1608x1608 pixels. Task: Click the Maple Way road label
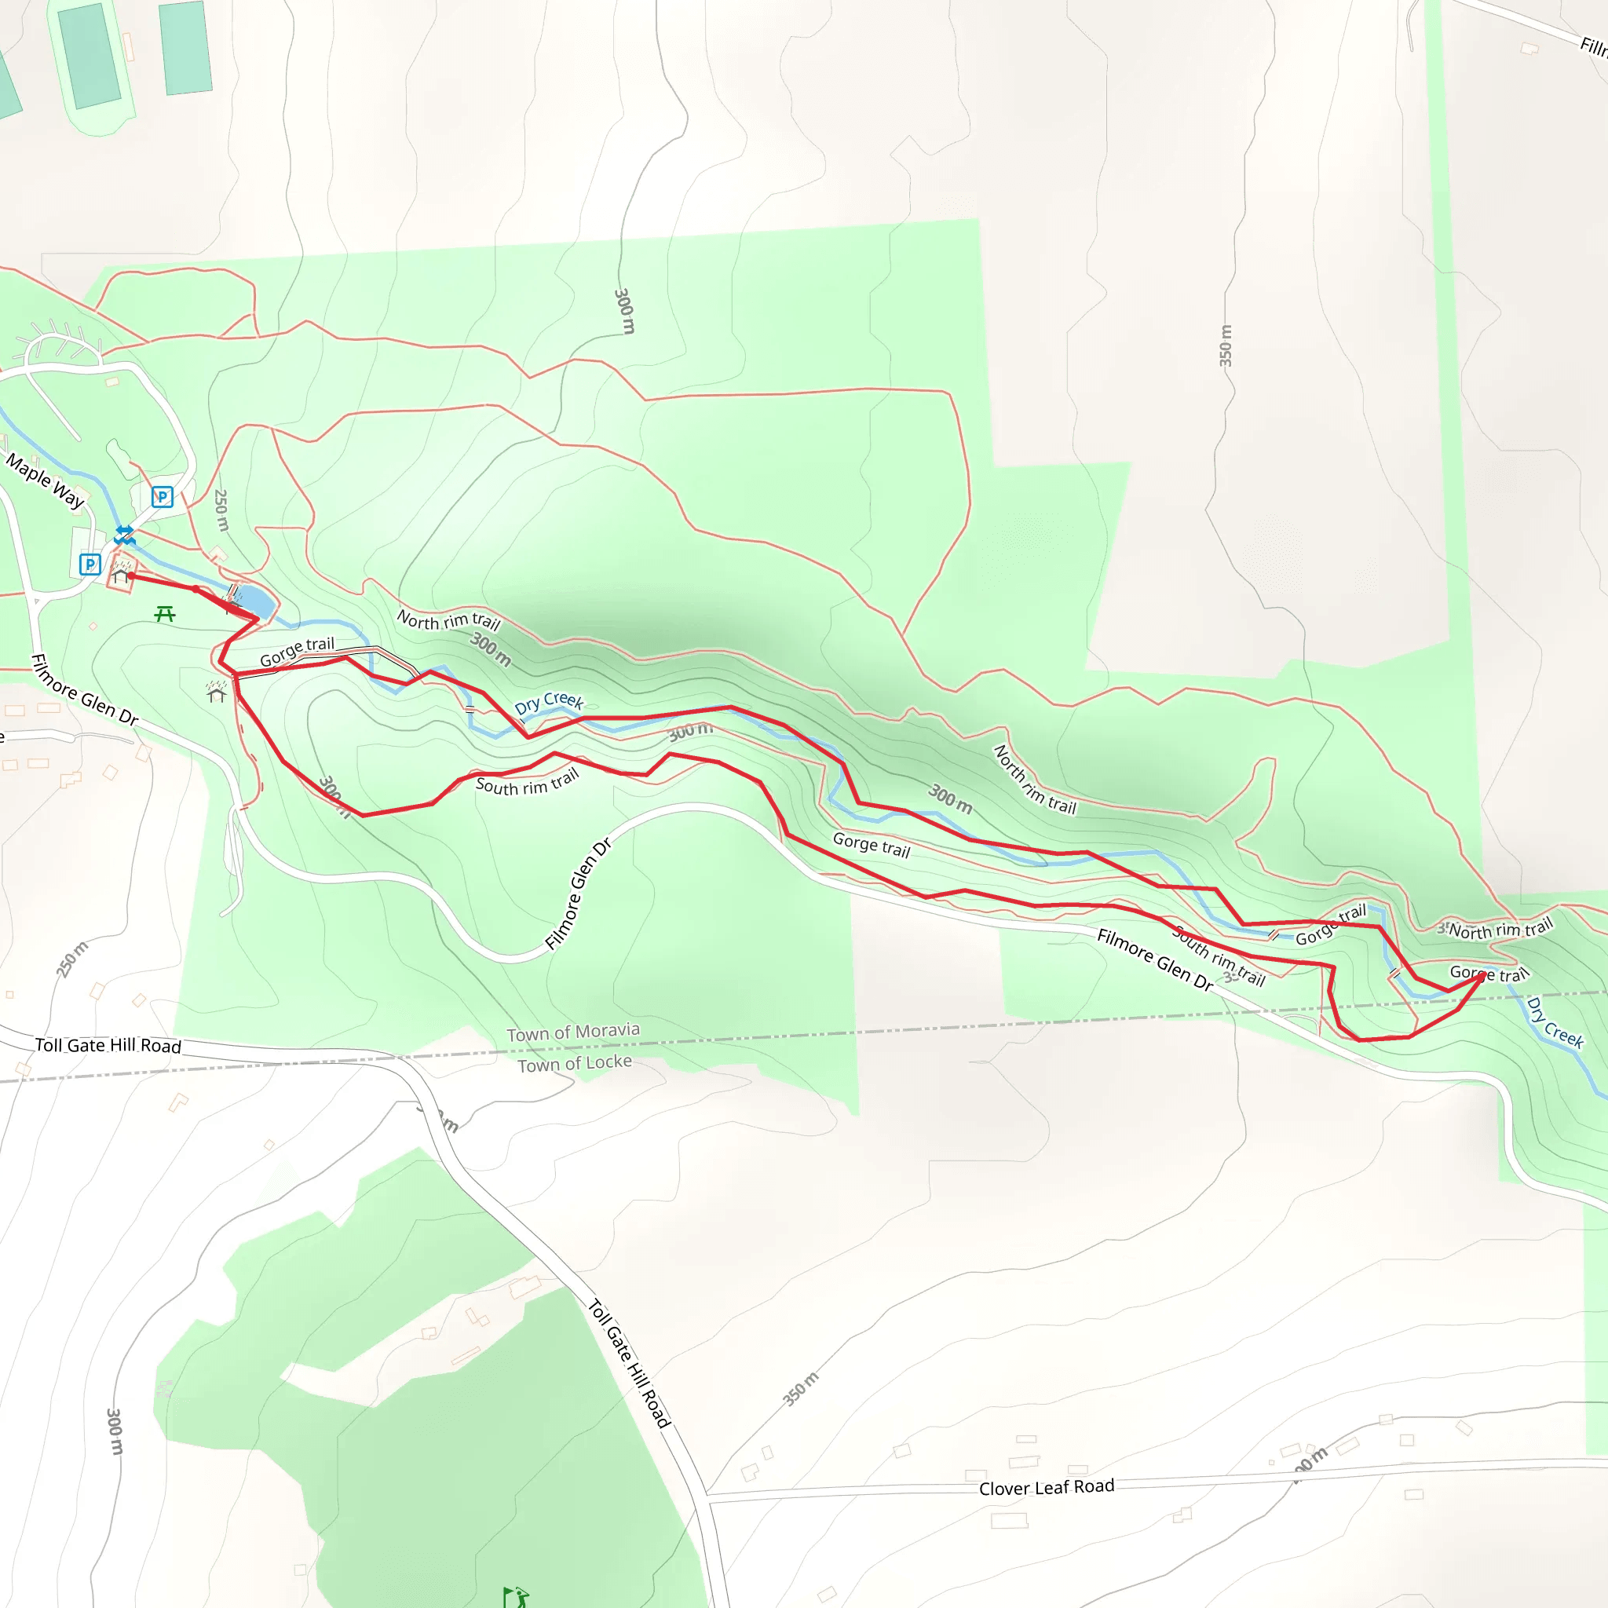click(x=45, y=481)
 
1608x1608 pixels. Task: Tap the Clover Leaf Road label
click(x=1046, y=1487)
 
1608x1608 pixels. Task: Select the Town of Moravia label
click(x=573, y=1032)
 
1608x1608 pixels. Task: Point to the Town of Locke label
click(x=574, y=1063)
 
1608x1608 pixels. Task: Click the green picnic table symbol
click(x=165, y=614)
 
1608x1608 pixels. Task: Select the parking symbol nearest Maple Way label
click(x=90, y=565)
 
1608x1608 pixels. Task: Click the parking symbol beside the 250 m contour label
click(x=163, y=497)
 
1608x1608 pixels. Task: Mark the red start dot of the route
click(x=131, y=575)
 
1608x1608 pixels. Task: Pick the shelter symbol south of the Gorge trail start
click(x=217, y=693)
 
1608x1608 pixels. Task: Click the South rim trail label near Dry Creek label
click(x=527, y=782)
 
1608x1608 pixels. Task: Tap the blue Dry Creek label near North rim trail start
click(x=549, y=702)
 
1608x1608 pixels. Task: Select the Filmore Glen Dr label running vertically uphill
click(x=579, y=894)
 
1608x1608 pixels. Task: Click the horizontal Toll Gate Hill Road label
click(x=108, y=1045)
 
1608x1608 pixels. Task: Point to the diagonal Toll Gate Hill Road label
click(x=629, y=1363)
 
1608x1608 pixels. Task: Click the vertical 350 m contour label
click(x=1225, y=345)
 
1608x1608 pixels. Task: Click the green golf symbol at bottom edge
click(x=516, y=1596)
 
